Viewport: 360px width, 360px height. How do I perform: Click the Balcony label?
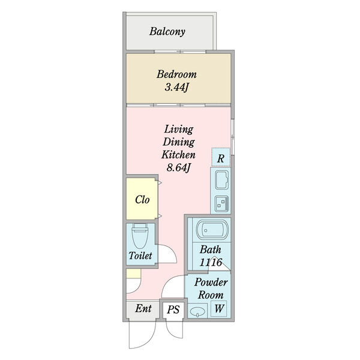click(x=167, y=32)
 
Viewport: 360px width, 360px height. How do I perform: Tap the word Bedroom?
click(x=176, y=74)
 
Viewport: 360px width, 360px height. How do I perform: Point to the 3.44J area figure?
click(x=176, y=87)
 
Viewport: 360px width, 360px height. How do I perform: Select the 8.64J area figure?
click(x=178, y=168)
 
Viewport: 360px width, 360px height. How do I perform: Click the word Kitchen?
click(x=178, y=155)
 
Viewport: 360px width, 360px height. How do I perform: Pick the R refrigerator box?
click(x=221, y=157)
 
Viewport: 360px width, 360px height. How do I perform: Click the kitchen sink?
click(x=222, y=180)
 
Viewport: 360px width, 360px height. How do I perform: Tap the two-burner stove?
click(x=222, y=203)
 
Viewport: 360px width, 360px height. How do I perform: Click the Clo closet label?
click(x=142, y=200)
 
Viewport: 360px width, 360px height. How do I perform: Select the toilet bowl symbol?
click(x=140, y=236)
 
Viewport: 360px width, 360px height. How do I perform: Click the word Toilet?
click(x=140, y=256)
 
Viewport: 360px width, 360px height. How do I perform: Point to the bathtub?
click(x=212, y=230)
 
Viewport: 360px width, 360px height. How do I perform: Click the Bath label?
click(x=211, y=250)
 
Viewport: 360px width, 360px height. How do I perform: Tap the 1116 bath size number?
click(x=211, y=262)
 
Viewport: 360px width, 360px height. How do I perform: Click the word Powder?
click(x=211, y=282)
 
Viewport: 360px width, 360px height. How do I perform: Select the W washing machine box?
click(x=219, y=308)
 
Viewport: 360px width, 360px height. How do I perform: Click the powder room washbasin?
click(x=197, y=311)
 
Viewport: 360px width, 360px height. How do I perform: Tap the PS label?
click(x=173, y=310)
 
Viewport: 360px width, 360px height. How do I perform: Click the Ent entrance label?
click(x=143, y=308)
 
